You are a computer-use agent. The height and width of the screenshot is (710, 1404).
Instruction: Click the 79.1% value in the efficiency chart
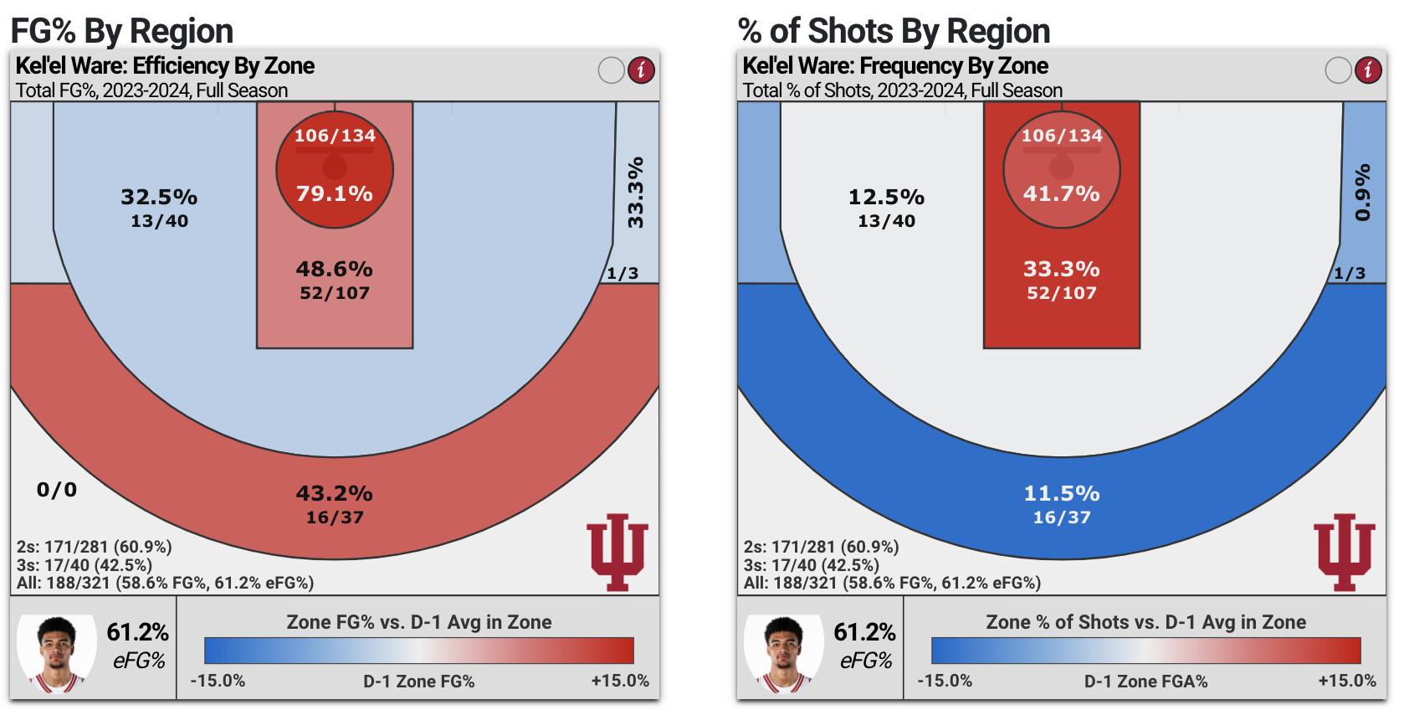coord(335,193)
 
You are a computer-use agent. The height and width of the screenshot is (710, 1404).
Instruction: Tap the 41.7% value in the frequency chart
coord(1061,193)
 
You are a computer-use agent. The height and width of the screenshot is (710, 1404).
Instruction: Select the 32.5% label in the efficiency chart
coord(159,197)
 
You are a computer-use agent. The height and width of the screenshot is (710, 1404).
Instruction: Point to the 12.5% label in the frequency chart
coord(886,197)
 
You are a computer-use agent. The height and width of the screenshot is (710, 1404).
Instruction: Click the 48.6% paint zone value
coord(335,269)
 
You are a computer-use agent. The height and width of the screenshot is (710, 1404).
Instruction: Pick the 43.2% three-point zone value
coord(335,493)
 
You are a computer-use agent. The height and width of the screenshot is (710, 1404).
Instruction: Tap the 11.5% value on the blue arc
coord(1061,493)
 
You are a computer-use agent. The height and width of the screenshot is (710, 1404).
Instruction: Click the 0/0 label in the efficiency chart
coord(57,489)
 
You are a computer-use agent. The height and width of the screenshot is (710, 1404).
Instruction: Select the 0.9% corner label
coord(1363,193)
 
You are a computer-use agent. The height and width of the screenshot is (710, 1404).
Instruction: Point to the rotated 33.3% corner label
coord(636,192)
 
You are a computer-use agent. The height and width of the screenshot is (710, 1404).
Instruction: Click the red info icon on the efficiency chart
coord(642,69)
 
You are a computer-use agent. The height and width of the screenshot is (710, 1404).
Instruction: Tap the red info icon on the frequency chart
coord(1369,69)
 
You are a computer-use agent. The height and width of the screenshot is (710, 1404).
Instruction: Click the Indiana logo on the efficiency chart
coord(617,552)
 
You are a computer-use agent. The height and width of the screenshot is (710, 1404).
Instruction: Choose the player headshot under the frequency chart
coord(784,655)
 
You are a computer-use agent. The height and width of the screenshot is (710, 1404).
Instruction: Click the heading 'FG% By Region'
coord(122,31)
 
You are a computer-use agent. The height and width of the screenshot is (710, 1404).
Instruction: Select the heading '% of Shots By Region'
coord(894,31)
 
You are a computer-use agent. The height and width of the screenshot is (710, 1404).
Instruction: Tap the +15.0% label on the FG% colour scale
coord(620,681)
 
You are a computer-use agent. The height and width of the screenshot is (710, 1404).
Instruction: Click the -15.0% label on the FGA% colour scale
coord(945,681)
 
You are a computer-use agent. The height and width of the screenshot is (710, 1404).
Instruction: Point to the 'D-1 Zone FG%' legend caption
coord(418,682)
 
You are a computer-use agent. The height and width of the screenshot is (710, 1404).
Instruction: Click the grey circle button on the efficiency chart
coord(612,69)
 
